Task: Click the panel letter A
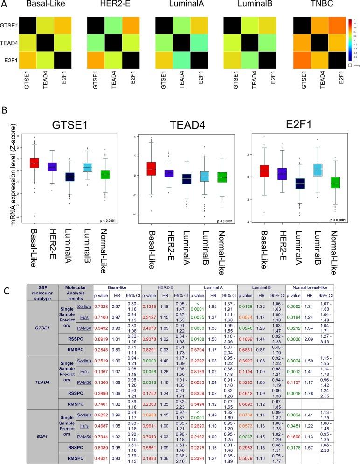click(x=6, y=6)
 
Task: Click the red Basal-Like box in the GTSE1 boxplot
click(x=34, y=164)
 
